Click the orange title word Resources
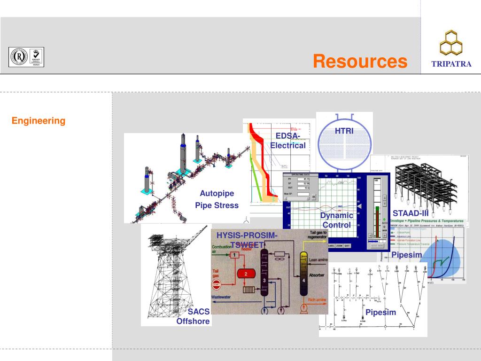pos(360,61)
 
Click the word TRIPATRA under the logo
pos(451,64)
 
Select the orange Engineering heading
pos(39,121)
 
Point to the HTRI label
pos(344,130)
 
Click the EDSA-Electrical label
pos(288,141)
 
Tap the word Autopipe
pos(217,193)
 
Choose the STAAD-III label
pos(411,213)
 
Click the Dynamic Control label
pos(336,220)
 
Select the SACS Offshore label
pos(193,316)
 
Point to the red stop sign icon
pos(217,285)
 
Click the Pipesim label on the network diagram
pos(381,312)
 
